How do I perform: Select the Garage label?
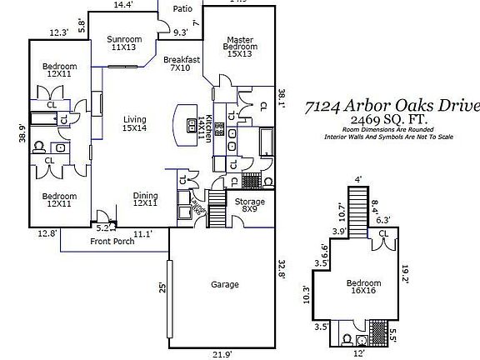click(225, 285)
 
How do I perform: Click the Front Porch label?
click(112, 242)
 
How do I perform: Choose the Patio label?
click(182, 9)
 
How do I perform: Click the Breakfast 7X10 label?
click(181, 63)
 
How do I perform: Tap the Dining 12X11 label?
click(146, 200)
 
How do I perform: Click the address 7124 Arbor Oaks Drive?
click(392, 106)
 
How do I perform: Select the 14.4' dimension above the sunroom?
click(123, 5)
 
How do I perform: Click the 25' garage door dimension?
click(162, 288)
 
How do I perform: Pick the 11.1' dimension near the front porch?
click(143, 233)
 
